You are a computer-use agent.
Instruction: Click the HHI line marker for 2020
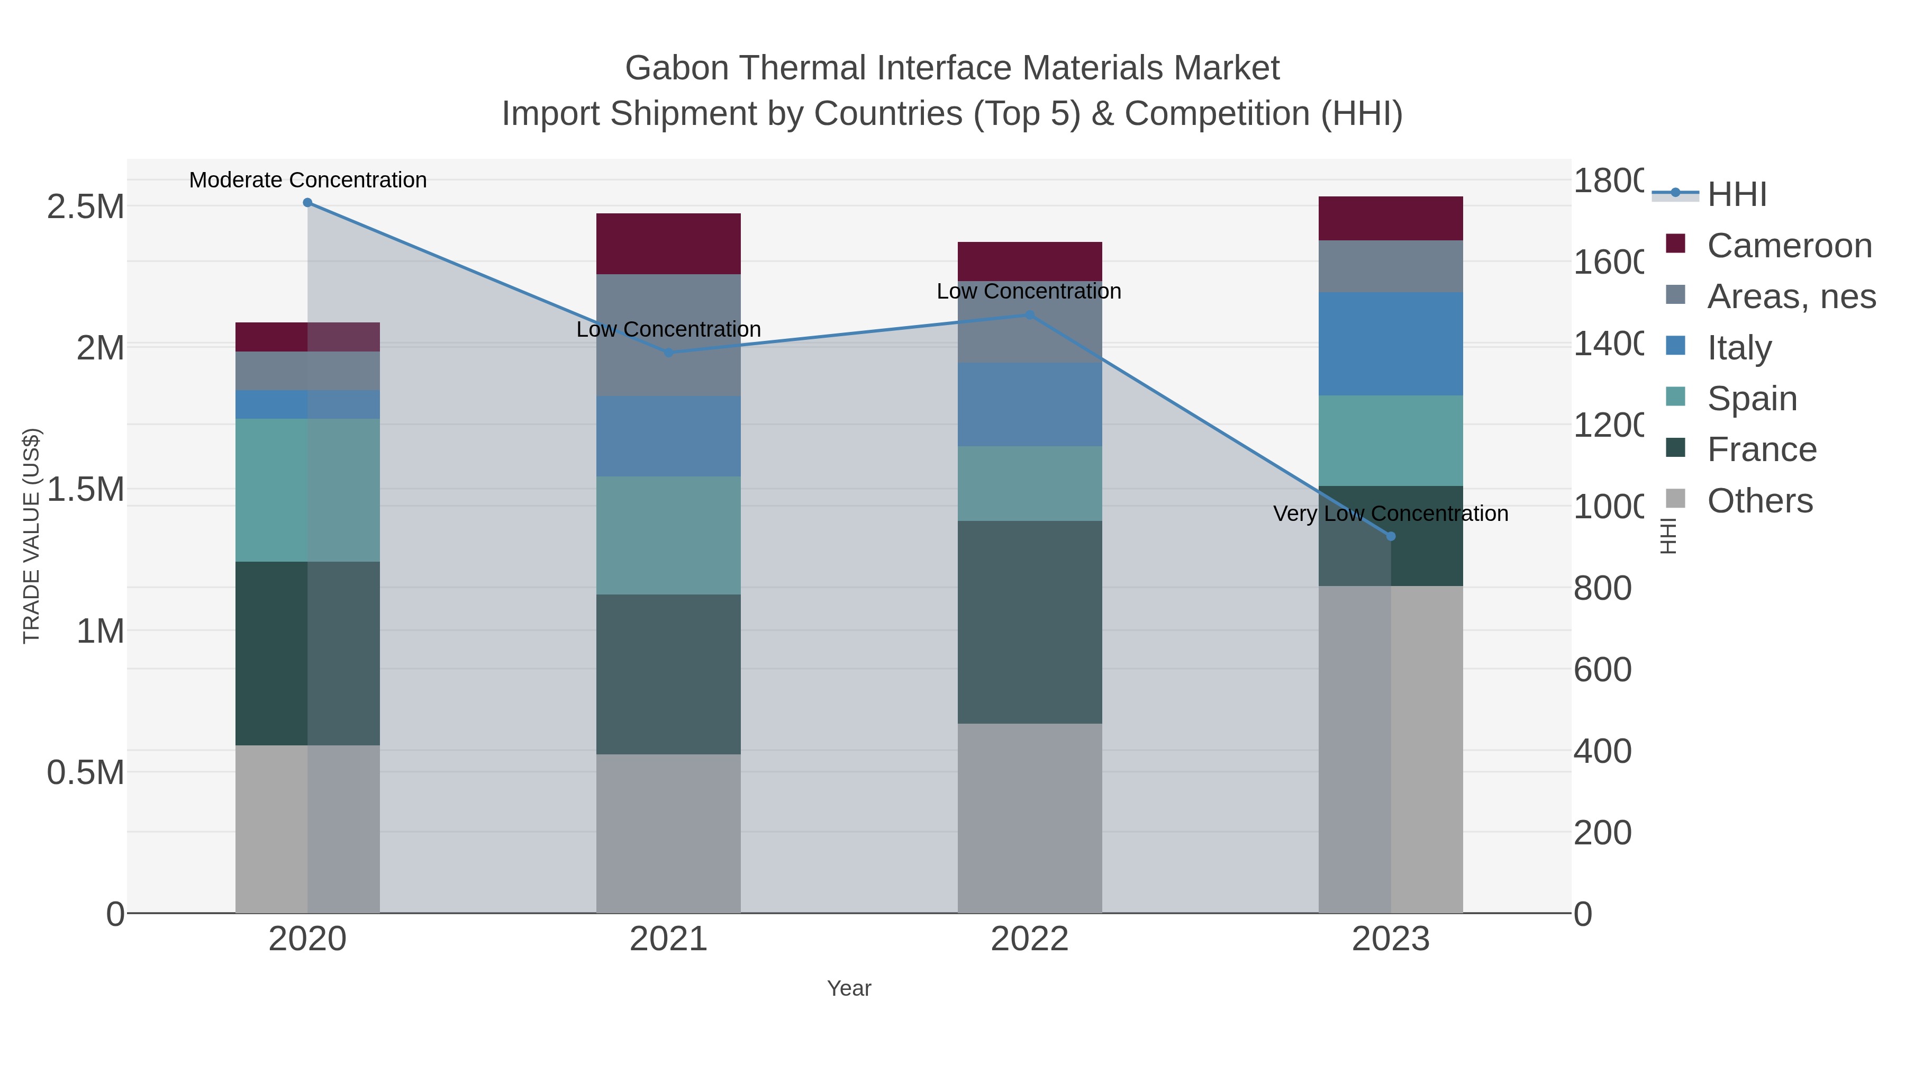click(307, 203)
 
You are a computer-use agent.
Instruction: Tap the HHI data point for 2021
click(668, 353)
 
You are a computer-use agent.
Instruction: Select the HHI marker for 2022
click(1029, 315)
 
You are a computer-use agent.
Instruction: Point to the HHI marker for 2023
click(1390, 536)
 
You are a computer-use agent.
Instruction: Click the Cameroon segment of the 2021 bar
click(668, 244)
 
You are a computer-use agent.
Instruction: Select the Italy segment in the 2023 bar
click(1390, 344)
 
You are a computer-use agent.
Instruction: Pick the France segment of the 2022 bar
click(1029, 621)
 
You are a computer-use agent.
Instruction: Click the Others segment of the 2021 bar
click(668, 833)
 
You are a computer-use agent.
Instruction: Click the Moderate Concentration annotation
click(307, 180)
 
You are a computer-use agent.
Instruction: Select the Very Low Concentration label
click(1390, 514)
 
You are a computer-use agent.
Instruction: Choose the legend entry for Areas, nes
click(1790, 296)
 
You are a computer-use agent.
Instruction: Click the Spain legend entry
click(1751, 399)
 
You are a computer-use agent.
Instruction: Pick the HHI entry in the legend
click(1736, 195)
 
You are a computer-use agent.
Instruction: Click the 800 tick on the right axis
click(1602, 589)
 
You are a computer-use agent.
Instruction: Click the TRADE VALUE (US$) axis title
click(32, 536)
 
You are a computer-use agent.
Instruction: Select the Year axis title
click(849, 988)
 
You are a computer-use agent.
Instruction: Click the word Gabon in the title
click(676, 68)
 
